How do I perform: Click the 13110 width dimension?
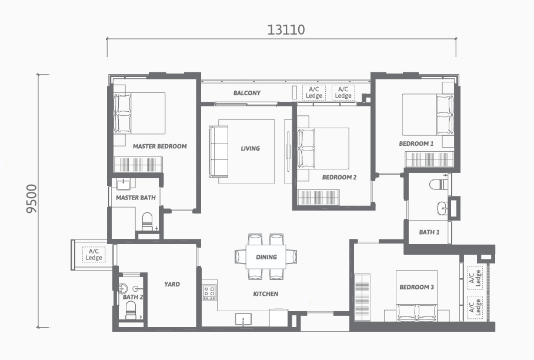coord(286,29)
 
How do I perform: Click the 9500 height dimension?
coord(32,199)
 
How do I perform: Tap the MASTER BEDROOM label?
coord(160,146)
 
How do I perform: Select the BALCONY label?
coord(247,93)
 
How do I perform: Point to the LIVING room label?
coord(251,148)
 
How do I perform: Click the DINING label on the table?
coord(266,257)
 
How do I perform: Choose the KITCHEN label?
coord(266,294)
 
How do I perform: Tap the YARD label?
coord(172,284)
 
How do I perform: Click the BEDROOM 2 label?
coord(339,177)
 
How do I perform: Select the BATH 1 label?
coord(429,232)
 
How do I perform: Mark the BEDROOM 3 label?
coord(416,287)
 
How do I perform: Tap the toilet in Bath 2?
coord(131,310)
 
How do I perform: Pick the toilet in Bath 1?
coord(439,185)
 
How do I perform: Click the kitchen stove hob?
coord(209,292)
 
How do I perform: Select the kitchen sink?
coord(243,319)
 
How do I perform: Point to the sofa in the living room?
coord(218,152)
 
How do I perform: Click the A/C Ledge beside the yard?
coord(94,255)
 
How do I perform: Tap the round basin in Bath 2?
coord(123,288)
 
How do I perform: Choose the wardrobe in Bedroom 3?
coord(362,297)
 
